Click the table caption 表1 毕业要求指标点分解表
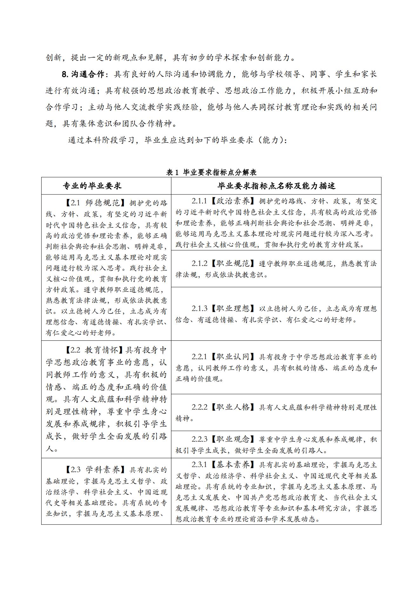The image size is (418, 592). (211, 172)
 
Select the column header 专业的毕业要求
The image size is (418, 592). (92, 186)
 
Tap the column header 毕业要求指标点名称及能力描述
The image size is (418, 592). (276, 186)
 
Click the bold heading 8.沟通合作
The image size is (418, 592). (83, 74)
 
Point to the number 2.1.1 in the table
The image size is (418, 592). (199, 201)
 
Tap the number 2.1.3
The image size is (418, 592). (199, 308)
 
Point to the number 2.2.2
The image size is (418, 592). (199, 407)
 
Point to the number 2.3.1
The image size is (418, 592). (199, 465)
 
